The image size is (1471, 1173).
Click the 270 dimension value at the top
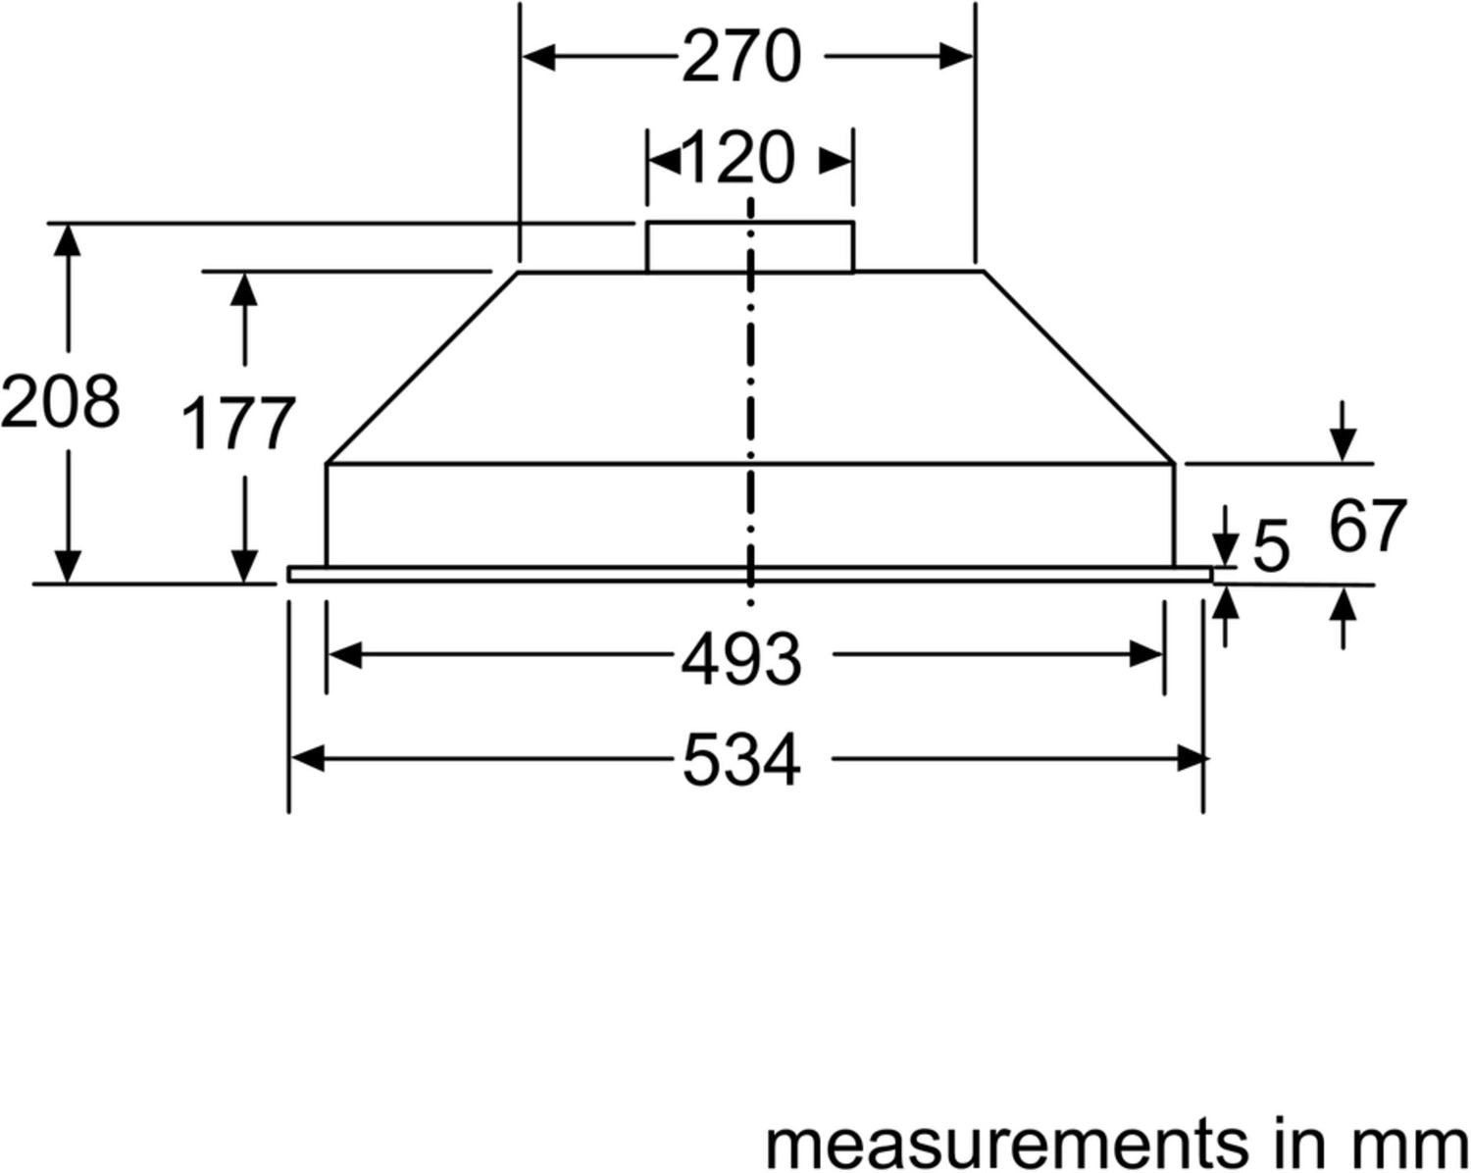741,57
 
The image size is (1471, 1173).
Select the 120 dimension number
739,159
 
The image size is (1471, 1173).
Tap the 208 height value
60,401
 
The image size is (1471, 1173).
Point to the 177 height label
239,423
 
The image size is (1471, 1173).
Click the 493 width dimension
741,660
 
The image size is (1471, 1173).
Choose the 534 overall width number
741,760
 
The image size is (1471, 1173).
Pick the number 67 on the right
1367,527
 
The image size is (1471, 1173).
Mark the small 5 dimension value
1271,545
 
